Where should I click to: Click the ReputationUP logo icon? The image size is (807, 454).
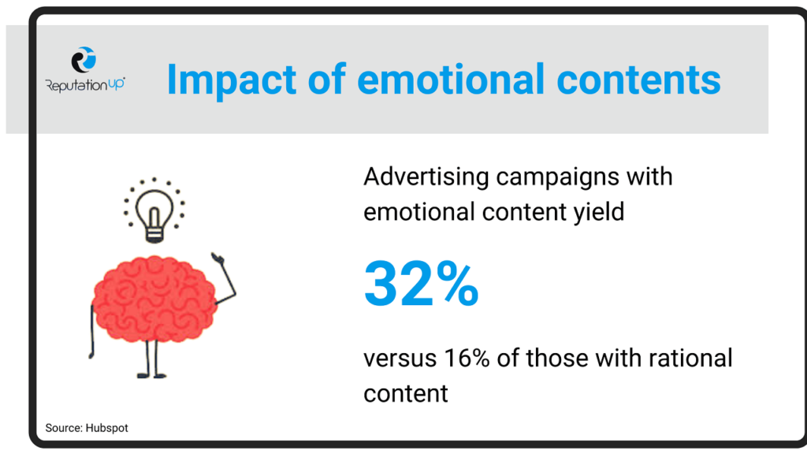click(x=84, y=60)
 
